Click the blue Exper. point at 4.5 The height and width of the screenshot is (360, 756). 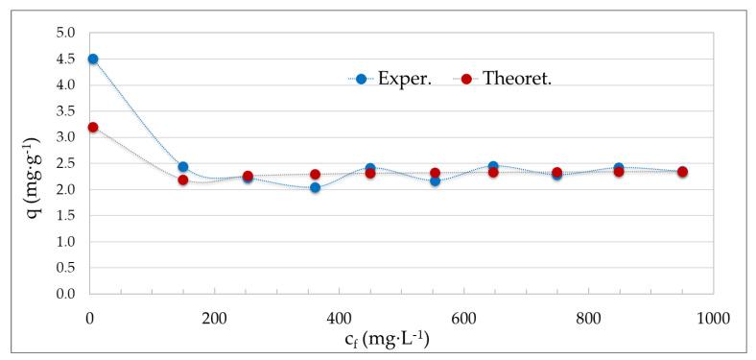point(93,59)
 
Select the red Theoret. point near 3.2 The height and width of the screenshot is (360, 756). point(93,127)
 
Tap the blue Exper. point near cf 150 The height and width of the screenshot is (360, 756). point(183,167)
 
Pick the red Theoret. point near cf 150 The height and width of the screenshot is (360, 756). point(183,180)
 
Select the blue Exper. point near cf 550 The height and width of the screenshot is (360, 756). point(435,180)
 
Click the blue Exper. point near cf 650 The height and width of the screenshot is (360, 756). point(493,166)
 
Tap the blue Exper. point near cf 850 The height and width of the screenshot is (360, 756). point(619,168)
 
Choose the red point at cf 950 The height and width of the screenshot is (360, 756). point(682,172)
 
